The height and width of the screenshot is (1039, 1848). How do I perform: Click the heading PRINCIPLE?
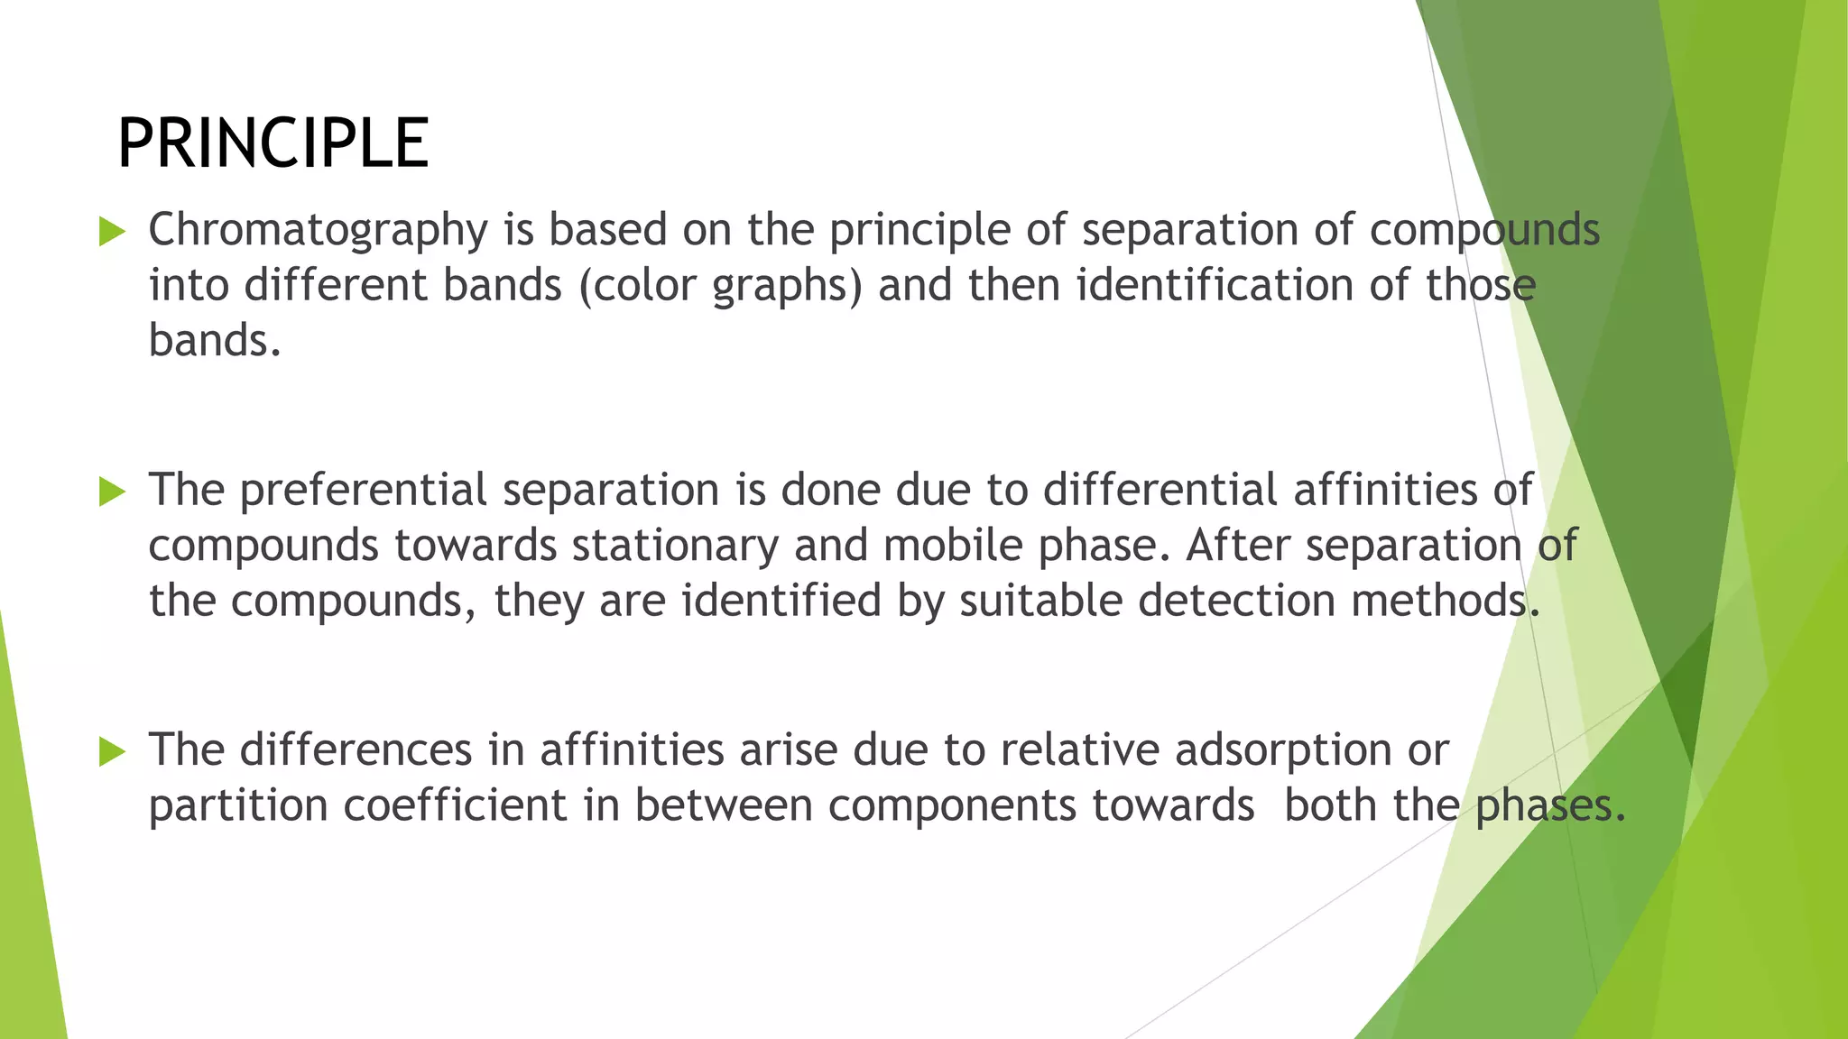click(x=273, y=144)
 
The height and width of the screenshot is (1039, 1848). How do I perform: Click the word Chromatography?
click(x=318, y=231)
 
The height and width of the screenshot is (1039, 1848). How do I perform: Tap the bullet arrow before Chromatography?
click(x=112, y=232)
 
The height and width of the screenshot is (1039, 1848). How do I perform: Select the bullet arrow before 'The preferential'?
click(x=112, y=492)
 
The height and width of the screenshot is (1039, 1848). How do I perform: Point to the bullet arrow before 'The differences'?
click(x=112, y=751)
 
